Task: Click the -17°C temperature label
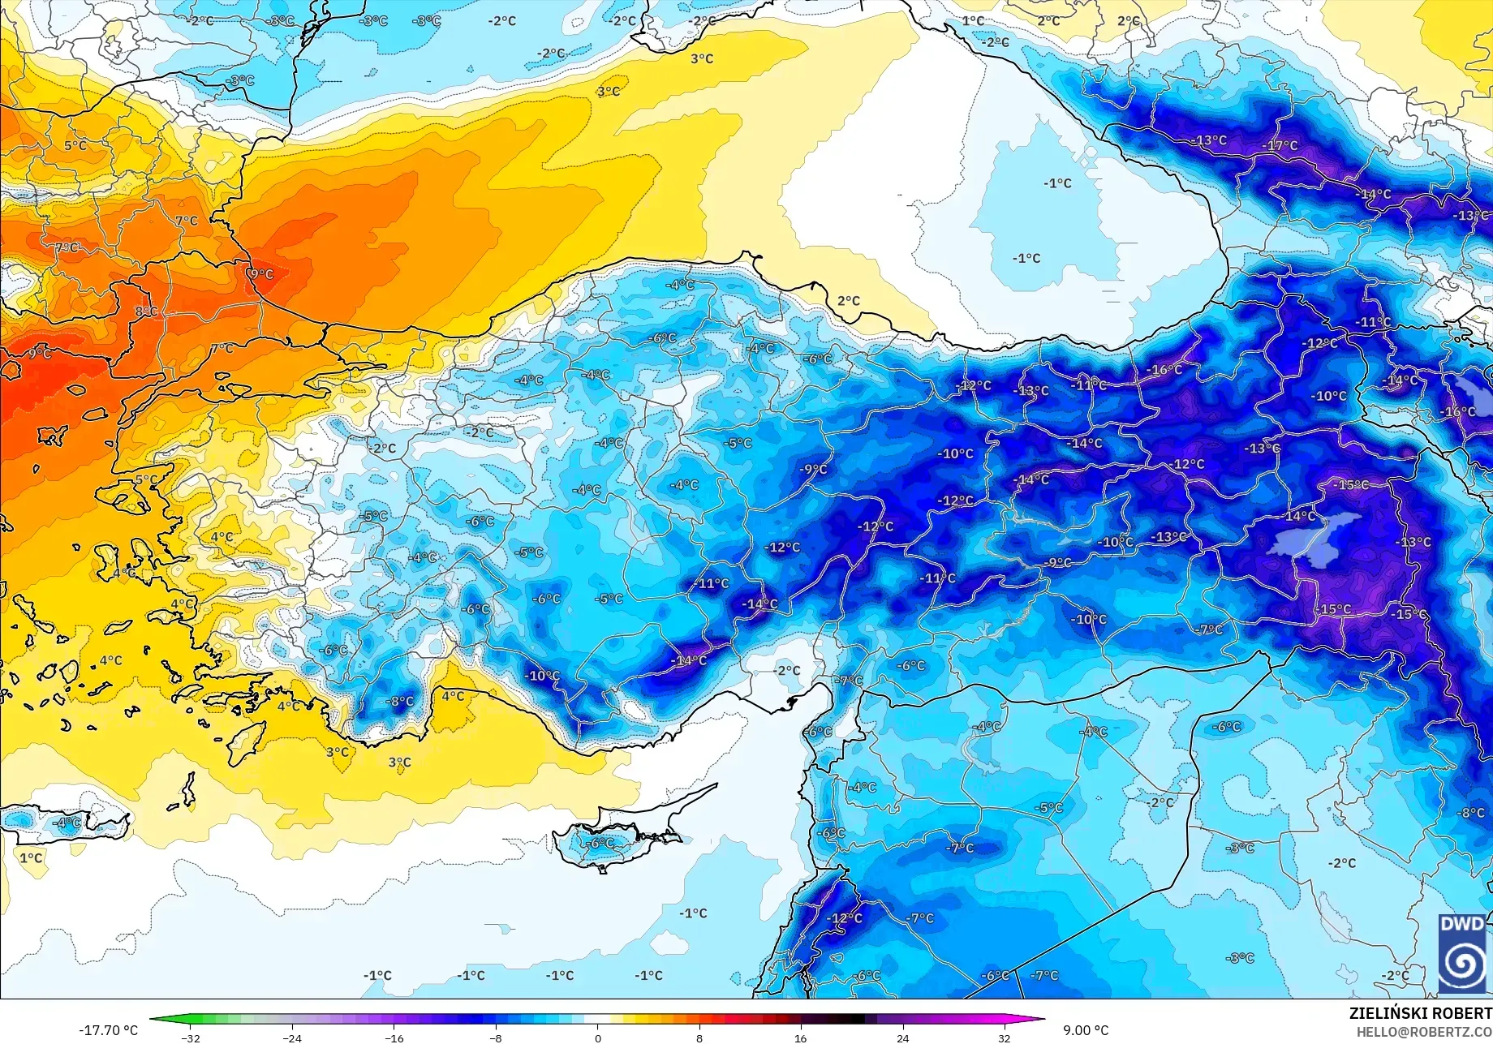1280,146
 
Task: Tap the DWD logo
1463,954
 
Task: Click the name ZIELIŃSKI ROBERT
1420,1013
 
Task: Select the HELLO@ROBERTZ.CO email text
1424,1031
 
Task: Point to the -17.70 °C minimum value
109,1030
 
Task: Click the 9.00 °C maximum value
1086,1030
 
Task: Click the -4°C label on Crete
67,823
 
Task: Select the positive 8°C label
146,311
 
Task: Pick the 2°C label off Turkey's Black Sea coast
848,301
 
